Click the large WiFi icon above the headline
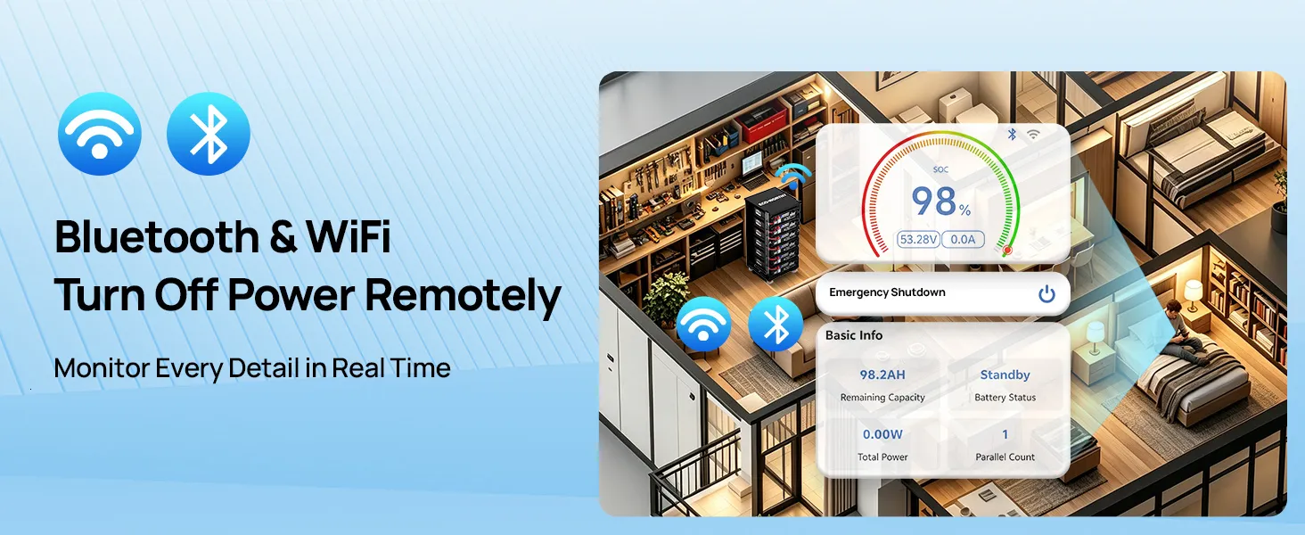(100, 134)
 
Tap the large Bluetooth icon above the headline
(209, 134)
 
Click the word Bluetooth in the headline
(157, 236)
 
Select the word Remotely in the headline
(464, 296)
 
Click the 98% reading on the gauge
(941, 202)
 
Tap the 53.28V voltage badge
(918, 240)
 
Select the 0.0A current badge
(963, 240)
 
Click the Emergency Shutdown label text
(887, 292)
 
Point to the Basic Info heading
(854, 335)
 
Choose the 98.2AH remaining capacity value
(882, 374)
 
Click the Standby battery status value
(1005, 374)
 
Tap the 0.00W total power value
(882, 434)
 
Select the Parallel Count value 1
(1005, 434)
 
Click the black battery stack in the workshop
(773, 236)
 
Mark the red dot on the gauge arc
(1007, 251)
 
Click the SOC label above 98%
(940, 169)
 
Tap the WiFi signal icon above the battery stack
(793, 176)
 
